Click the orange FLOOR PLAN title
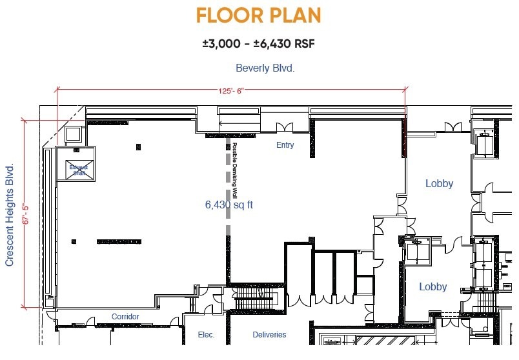[x=258, y=15]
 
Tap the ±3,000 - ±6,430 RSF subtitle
[x=258, y=44]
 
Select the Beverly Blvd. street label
[x=265, y=68]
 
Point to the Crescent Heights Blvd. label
[x=10, y=215]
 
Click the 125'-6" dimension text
[x=231, y=91]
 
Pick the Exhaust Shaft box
[x=77, y=170]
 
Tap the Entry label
[x=285, y=145]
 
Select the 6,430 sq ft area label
[x=229, y=205]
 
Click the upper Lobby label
[x=439, y=184]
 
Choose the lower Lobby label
[x=432, y=286]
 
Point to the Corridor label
[x=125, y=317]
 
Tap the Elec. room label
[x=206, y=335]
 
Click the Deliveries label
[x=269, y=335]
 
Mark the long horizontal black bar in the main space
[x=119, y=241]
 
